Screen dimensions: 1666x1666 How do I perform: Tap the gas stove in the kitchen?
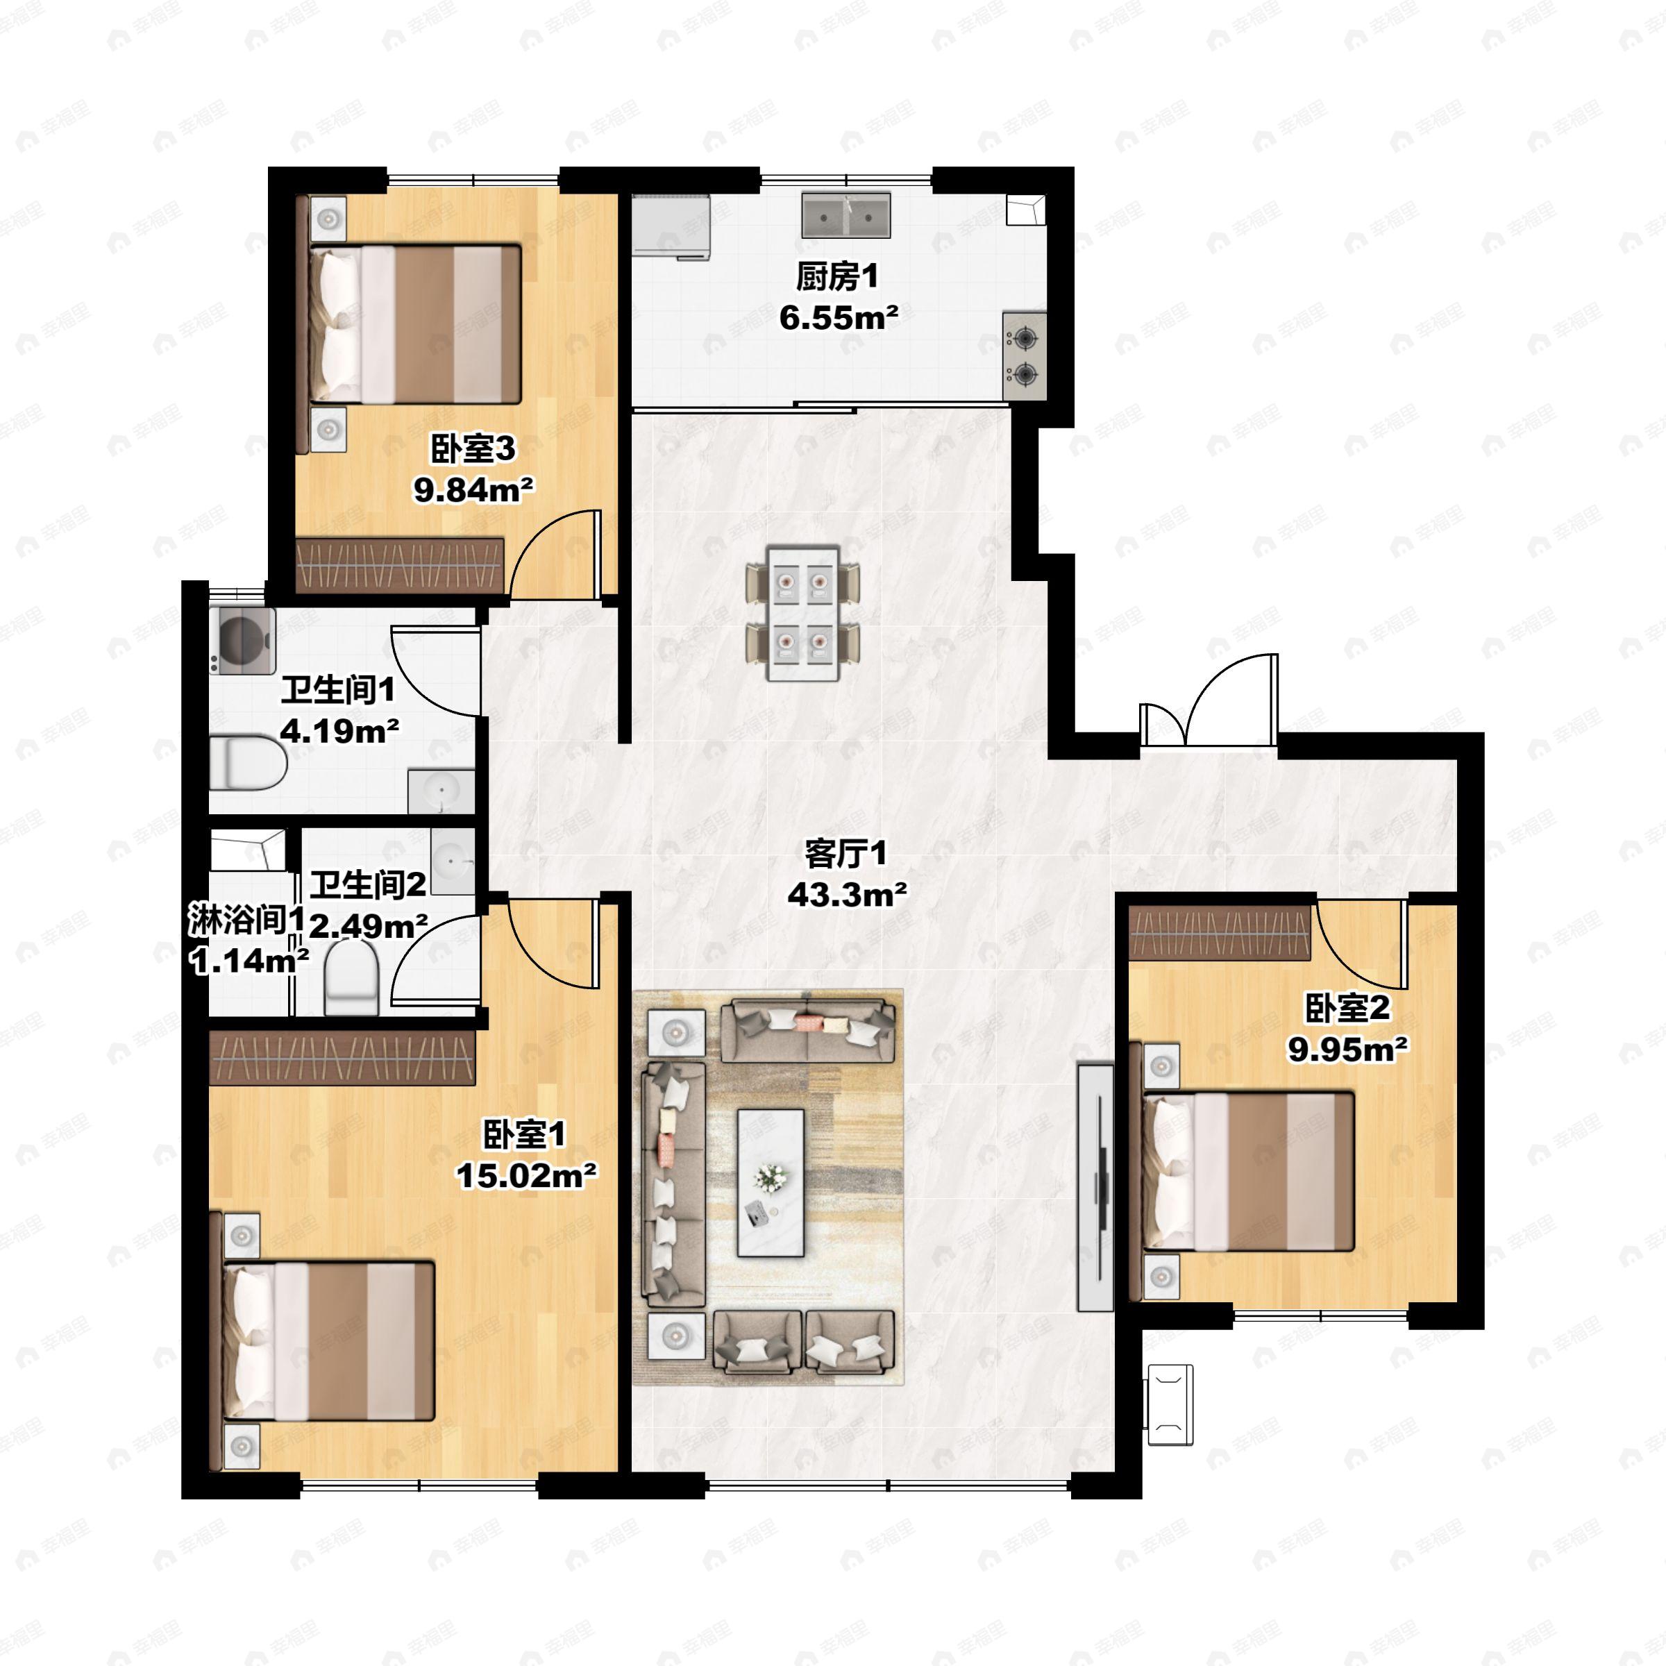(x=1025, y=356)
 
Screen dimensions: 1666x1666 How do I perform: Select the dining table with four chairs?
(x=803, y=613)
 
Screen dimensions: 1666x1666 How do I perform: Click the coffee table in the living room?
(x=770, y=1182)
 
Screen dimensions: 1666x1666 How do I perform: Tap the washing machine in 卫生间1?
(x=242, y=641)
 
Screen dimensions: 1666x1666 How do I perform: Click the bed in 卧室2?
(x=1248, y=1171)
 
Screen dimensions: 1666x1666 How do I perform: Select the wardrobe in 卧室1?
(x=342, y=1058)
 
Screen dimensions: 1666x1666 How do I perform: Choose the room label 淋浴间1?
(x=246, y=920)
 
